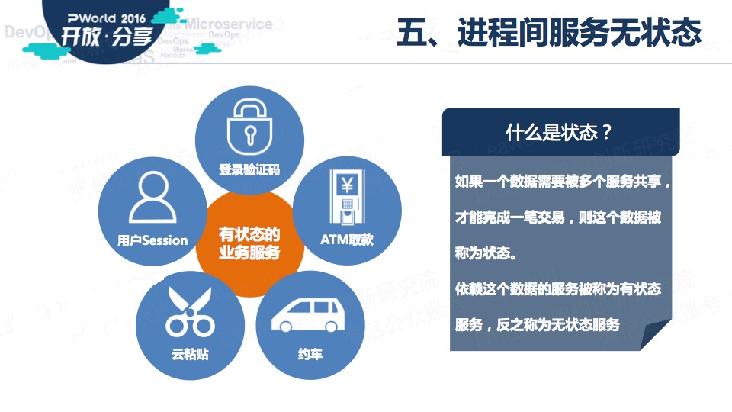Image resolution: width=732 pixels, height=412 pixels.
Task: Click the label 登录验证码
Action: point(249,169)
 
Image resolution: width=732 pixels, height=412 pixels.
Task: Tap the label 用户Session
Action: point(152,240)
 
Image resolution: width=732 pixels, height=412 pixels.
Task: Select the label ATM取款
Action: point(347,240)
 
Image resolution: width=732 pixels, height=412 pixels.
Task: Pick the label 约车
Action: point(305,355)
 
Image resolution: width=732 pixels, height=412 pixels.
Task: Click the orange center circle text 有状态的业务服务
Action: point(249,242)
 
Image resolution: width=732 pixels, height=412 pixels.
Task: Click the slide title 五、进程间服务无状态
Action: point(548,33)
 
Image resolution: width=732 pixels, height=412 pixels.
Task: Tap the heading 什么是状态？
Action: point(560,132)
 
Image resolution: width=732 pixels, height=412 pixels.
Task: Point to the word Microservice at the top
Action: point(228,24)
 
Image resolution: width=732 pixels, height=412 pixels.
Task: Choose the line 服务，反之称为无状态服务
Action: point(537,324)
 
